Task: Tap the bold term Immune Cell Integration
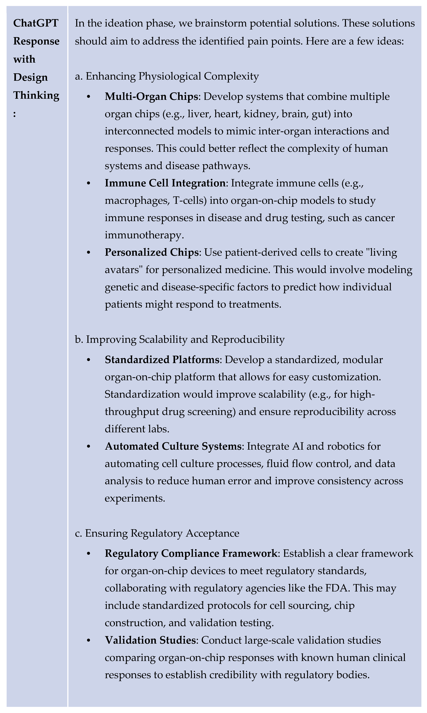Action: coord(165,183)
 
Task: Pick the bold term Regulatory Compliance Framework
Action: coord(191,553)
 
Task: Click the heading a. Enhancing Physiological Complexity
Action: coord(167,76)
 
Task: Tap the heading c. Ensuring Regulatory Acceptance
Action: coord(157,533)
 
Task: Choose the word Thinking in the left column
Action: coord(36,95)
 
